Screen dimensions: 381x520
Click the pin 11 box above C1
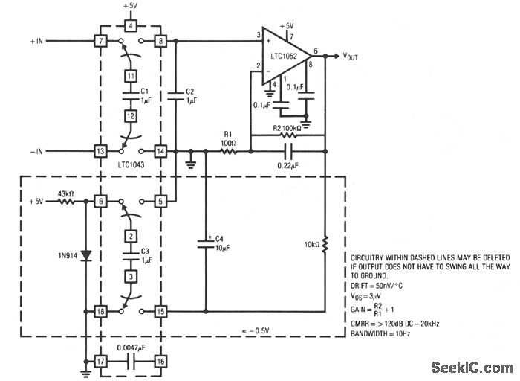(x=129, y=76)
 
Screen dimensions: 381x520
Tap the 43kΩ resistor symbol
(x=66, y=202)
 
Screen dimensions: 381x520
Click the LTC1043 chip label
(x=129, y=165)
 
